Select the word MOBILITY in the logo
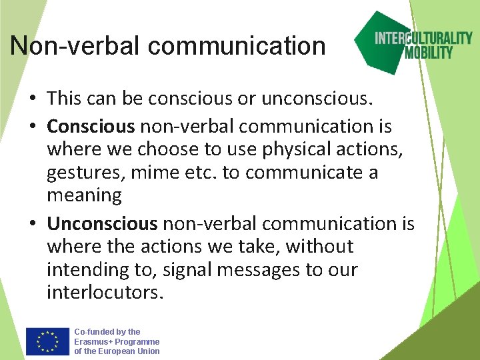tap(429, 52)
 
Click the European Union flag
tap(47, 341)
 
